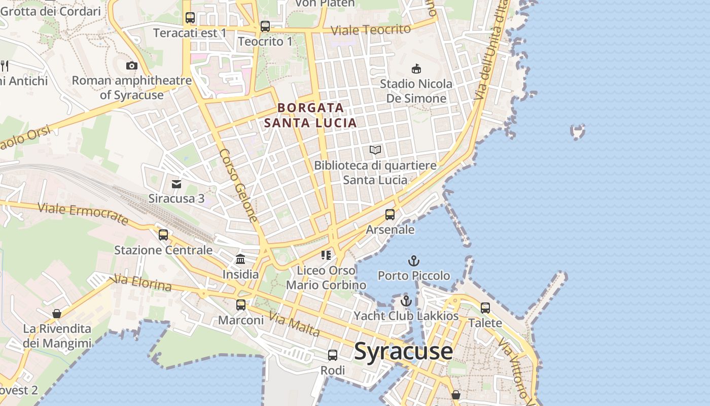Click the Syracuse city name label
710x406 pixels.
pos(403,351)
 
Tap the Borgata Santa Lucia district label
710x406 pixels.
pos(310,115)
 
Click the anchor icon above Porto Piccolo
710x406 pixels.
pos(414,261)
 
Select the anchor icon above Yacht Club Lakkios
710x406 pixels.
pos(406,301)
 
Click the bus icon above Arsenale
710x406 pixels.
pos(389,215)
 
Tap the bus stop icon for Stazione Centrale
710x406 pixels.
pos(163,235)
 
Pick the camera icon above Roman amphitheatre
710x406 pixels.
pos(132,65)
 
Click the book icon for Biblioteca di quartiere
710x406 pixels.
pos(375,150)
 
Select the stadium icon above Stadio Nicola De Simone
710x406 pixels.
pos(416,69)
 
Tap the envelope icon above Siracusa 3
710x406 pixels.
pos(176,184)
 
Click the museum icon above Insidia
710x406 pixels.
pos(240,259)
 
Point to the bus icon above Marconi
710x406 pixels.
pos(241,305)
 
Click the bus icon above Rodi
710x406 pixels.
pos(333,355)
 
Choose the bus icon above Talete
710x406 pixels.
pos(485,308)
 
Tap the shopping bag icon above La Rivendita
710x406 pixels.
pos(57,314)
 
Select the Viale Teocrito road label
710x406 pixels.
pos(370,30)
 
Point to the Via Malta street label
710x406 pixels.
pos(294,324)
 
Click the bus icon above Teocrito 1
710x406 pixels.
pos(265,26)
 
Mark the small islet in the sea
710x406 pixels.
pos(578,131)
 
